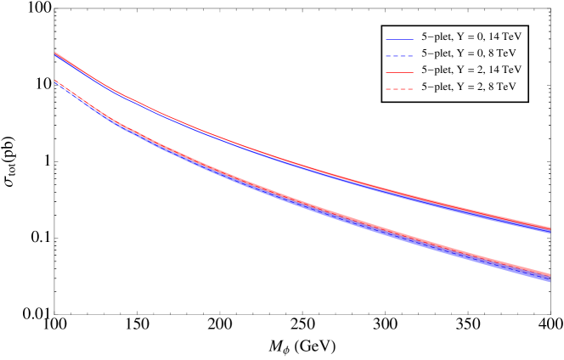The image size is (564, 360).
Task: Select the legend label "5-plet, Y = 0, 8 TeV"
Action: pos(468,54)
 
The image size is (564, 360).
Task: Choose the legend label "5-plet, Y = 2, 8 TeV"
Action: pos(468,87)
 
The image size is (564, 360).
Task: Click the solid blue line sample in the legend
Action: pos(399,39)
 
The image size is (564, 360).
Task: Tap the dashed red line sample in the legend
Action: pos(399,87)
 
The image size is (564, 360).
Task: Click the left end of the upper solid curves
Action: pos(56,54)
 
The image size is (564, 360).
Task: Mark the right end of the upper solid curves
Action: pos(550,229)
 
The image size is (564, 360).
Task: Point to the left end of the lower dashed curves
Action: pos(56,82)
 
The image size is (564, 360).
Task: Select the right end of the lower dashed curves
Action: pos(550,277)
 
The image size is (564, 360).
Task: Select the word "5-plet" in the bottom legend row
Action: pos(437,87)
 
